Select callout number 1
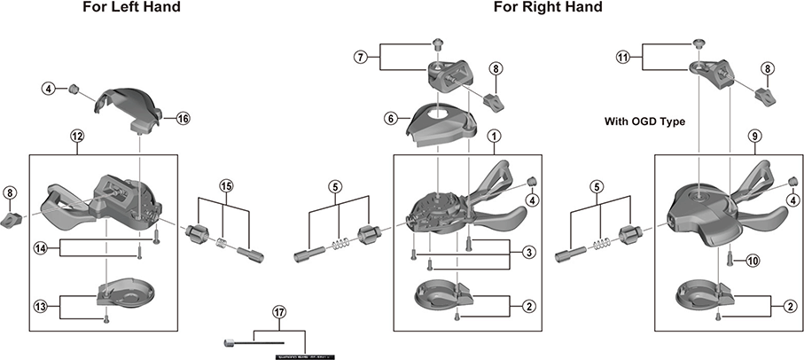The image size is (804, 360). point(494,137)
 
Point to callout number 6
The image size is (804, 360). point(389,117)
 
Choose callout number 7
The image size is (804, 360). point(360,58)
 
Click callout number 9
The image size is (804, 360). point(754,137)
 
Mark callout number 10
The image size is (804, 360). point(752,261)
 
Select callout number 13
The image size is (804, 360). point(40,306)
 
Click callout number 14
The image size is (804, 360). point(40,247)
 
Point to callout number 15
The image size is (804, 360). point(226,185)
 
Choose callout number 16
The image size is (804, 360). point(183,118)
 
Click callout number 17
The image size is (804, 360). point(279,312)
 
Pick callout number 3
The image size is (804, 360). point(527,253)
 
